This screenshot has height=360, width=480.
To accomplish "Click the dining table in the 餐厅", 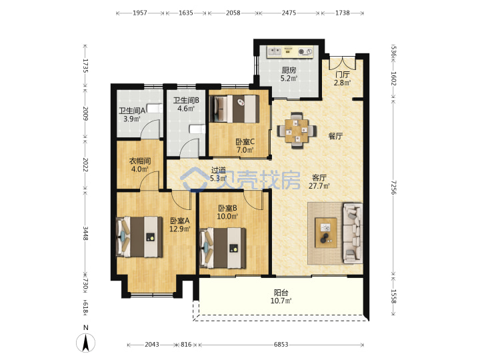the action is [297, 131].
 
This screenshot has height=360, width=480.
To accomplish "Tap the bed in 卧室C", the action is [235, 109].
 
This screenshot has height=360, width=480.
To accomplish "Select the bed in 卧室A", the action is [139, 237].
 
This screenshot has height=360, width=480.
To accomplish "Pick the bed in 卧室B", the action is [223, 248].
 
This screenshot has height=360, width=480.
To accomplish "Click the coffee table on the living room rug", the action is [326, 233].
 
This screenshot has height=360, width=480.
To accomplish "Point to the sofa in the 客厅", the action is [353, 233].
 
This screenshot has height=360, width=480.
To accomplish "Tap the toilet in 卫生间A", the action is [155, 109].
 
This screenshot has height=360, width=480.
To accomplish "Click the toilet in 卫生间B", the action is [197, 129].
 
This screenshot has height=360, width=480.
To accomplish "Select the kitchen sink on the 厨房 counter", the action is [275, 51].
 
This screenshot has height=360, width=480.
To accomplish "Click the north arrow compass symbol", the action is [85, 343].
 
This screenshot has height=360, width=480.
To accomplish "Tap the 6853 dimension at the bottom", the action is [281, 345].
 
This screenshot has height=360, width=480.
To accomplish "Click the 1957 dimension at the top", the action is [140, 13].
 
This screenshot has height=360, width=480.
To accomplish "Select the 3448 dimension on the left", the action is [86, 233].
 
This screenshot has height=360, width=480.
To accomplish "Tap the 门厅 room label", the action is [342, 75].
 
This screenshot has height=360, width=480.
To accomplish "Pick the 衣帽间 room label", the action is [140, 161].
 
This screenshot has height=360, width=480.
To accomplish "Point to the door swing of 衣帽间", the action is [151, 181].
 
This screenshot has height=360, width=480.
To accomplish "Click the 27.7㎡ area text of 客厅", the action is [319, 186].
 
